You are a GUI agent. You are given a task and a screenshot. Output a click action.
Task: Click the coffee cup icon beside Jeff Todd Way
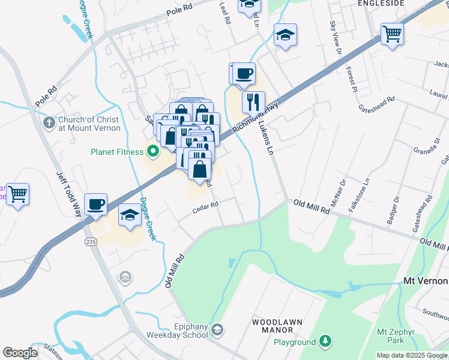[96, 205]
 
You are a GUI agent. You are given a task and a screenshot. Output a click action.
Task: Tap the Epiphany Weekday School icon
[217, 329]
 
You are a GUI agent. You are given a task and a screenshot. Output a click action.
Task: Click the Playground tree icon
[325, 341]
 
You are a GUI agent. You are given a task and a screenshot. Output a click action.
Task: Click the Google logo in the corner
[20, 353]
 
